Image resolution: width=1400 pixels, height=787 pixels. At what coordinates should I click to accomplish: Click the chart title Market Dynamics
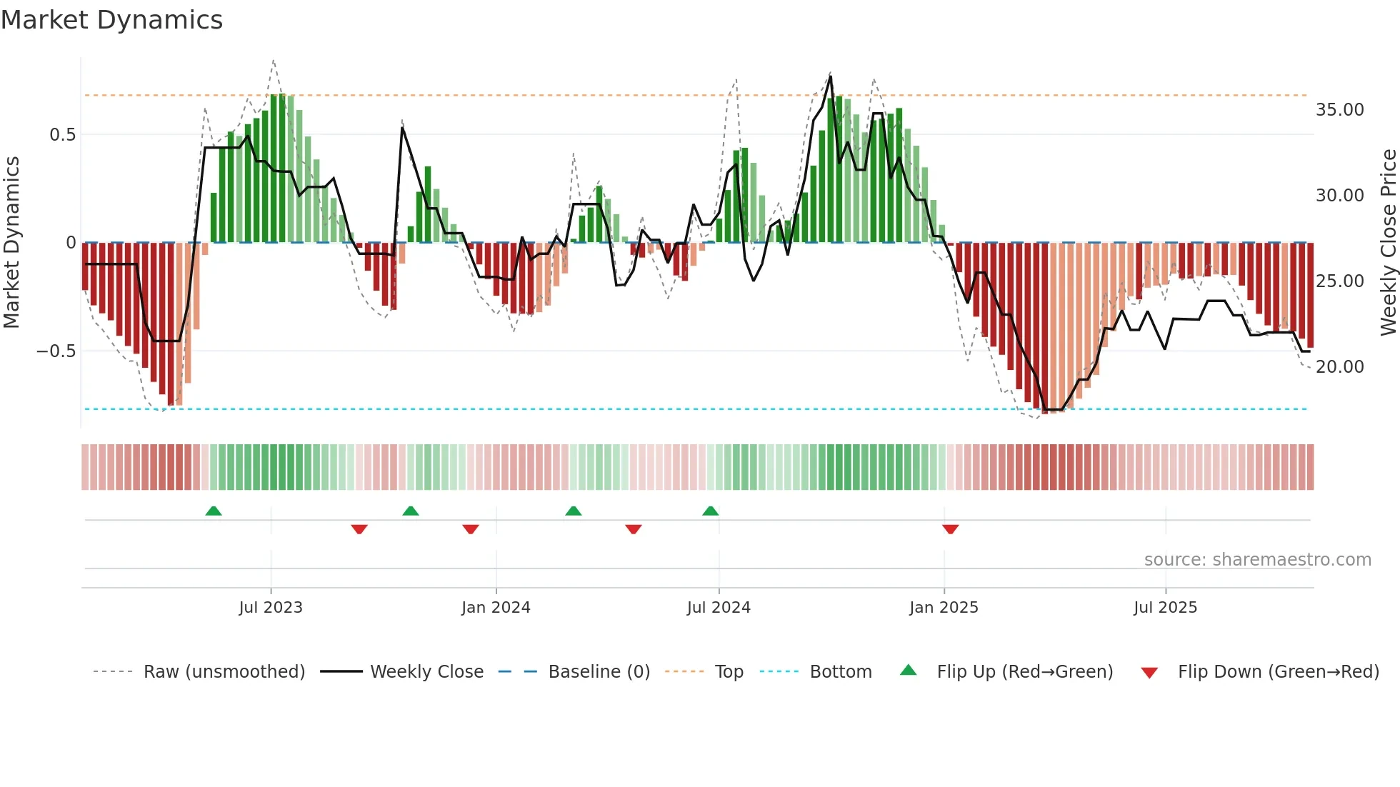click(x=111, y=20)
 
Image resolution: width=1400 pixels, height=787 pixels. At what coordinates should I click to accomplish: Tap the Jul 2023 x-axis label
click(x=271, y=608)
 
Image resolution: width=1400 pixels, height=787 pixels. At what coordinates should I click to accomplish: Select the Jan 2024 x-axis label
click(x=496, y=608)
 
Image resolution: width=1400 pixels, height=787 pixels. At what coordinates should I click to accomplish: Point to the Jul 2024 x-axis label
click(x=719, y=608)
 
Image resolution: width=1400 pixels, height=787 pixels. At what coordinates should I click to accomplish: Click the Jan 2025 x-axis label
click(x=944, y=608)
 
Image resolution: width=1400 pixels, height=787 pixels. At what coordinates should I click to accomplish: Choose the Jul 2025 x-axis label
click(x=1165, y=608)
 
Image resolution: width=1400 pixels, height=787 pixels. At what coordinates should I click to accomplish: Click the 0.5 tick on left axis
click(x=62, y=135)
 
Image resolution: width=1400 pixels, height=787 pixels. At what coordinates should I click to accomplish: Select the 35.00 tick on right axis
click(x=1339, y=110)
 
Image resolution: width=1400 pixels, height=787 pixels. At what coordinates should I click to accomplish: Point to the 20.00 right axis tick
click(x=1339, y=367)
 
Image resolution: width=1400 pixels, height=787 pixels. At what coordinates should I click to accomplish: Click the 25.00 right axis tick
click(x=1339, y=281)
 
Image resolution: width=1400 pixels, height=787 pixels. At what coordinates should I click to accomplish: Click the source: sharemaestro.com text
click(x=1257, y=560)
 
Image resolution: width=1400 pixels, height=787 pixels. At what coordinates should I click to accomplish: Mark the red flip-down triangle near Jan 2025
click(x=950, y=529)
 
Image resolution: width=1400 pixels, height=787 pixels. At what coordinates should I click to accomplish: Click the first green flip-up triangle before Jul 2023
click(x=213, y=511)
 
